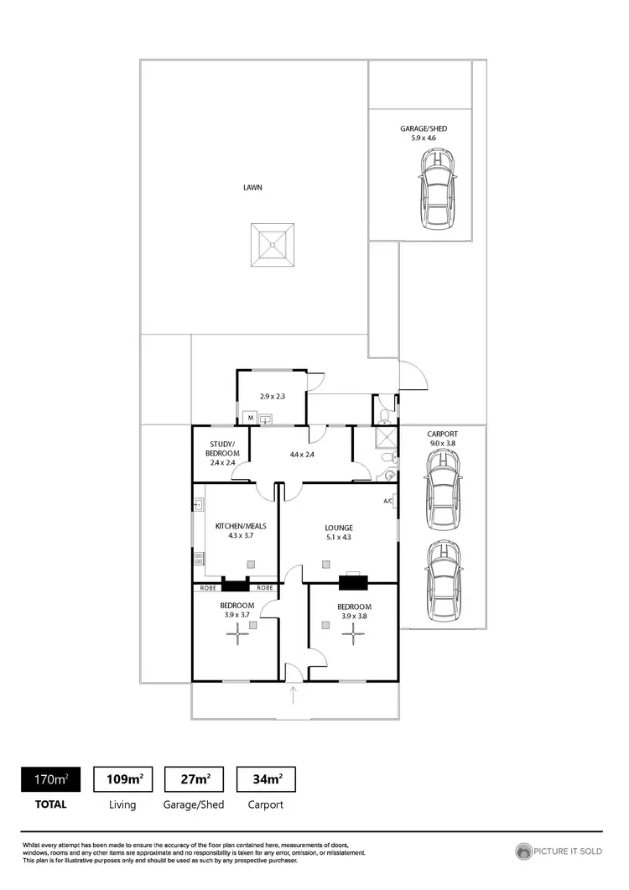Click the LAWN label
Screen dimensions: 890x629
click(252, 188)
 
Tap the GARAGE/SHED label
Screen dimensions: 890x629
click(424, 128)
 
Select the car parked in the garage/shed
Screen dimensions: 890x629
click(439, 190)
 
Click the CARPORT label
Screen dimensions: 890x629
click(441, 434)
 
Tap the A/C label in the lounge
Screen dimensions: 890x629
click(388, 502)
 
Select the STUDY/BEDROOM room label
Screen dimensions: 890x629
click(222, 448)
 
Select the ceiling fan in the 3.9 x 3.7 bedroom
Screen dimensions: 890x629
click(238, 637)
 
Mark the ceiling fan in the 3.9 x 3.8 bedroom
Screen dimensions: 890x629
click(350, 637)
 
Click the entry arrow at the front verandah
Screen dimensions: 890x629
click(294, 694)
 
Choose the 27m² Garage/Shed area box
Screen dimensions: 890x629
click(195, 779)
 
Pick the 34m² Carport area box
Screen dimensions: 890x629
click(267, 779)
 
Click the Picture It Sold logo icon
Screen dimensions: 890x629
click(525, 851)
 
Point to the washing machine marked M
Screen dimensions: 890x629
click(249, 417)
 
